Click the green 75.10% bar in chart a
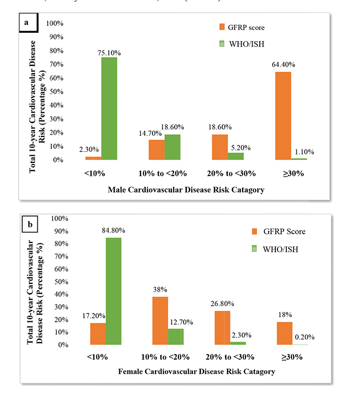109,108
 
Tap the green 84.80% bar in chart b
114,291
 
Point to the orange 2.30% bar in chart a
93,158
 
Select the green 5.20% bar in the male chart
235,156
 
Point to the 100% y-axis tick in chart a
55,24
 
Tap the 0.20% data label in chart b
304,337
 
